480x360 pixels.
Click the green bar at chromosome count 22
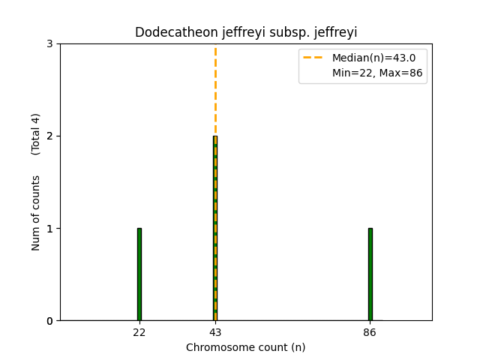click(139, 274)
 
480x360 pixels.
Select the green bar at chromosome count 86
click(370, 274)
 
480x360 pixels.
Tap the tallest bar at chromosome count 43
click(215, 228)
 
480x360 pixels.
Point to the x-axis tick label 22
click(139, 331)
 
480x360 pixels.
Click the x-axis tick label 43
click(215, 331)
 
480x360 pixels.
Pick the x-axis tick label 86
click(370, 331)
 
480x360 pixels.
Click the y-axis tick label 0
click(50, 321)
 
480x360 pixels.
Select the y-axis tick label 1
click(50, 229)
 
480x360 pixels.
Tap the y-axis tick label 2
click(50, 136)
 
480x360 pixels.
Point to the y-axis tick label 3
click(50, 44)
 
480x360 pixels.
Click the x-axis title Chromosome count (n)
click(245, 347)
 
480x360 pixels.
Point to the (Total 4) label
click(36, 134)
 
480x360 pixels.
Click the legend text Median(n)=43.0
click(368, 58)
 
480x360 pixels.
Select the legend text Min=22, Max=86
click(368, 73)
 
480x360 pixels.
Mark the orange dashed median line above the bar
click(215, 90)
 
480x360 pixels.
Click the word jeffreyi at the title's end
click(336, 33)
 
